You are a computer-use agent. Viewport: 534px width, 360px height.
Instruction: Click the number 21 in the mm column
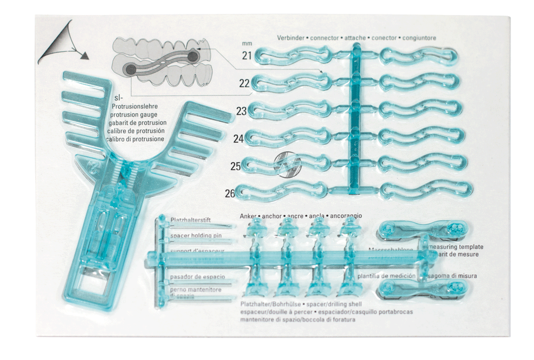click(x=247, y=56)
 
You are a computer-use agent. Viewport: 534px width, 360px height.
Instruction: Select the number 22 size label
click(x=245, y=83)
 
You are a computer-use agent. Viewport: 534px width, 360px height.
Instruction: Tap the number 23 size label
click(x=241, y=111)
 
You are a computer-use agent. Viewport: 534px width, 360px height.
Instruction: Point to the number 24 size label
click(x=238, y=139)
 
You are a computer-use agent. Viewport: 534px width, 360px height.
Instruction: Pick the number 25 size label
click(x=235, y=166)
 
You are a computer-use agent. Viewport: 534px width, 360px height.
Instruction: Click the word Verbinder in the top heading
click(x=292, y=38)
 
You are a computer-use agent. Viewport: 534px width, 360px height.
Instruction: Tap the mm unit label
click(x=246, y=43)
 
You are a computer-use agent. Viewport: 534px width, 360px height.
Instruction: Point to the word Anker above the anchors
click(x=248, y=216)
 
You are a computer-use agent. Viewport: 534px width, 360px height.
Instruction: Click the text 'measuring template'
click(x=456, y=247)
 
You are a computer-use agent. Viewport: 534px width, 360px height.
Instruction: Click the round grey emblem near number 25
click(x=284, y=164)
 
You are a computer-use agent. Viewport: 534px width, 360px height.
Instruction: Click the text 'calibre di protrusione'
click(x=136, y=139)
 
